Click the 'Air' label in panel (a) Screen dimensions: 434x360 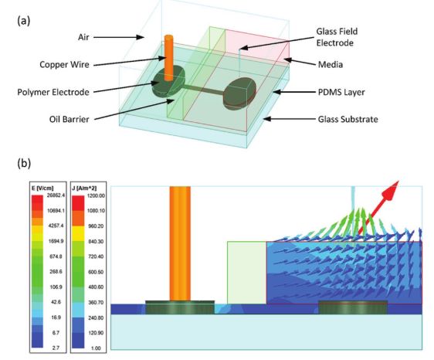point(83,37)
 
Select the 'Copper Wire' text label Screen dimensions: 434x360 point(64,65)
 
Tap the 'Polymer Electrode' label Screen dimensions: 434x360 point(53,92)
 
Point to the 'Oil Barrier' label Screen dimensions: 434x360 point(69,119)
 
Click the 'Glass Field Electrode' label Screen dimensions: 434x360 point(337,37)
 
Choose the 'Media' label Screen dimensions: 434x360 point(331,65)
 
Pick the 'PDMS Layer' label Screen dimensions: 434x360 point(341,92)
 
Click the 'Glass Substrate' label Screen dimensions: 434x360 point(348,119)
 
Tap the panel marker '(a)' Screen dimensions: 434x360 point(24,21)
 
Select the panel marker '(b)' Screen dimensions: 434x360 point(24,163)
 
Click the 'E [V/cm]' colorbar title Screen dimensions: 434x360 point(42,188)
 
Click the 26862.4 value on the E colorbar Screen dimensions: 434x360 point(56,195)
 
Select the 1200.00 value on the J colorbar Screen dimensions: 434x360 point(96,195)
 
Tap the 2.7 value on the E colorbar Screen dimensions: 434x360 point(56,348)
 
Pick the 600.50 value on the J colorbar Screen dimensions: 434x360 point(96,272)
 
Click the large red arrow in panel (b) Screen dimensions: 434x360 point(378,207)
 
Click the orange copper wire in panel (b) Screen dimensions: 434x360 point(180,243)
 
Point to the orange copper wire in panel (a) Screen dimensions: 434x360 point(168,58)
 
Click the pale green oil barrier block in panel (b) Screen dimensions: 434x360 point(247,273)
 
